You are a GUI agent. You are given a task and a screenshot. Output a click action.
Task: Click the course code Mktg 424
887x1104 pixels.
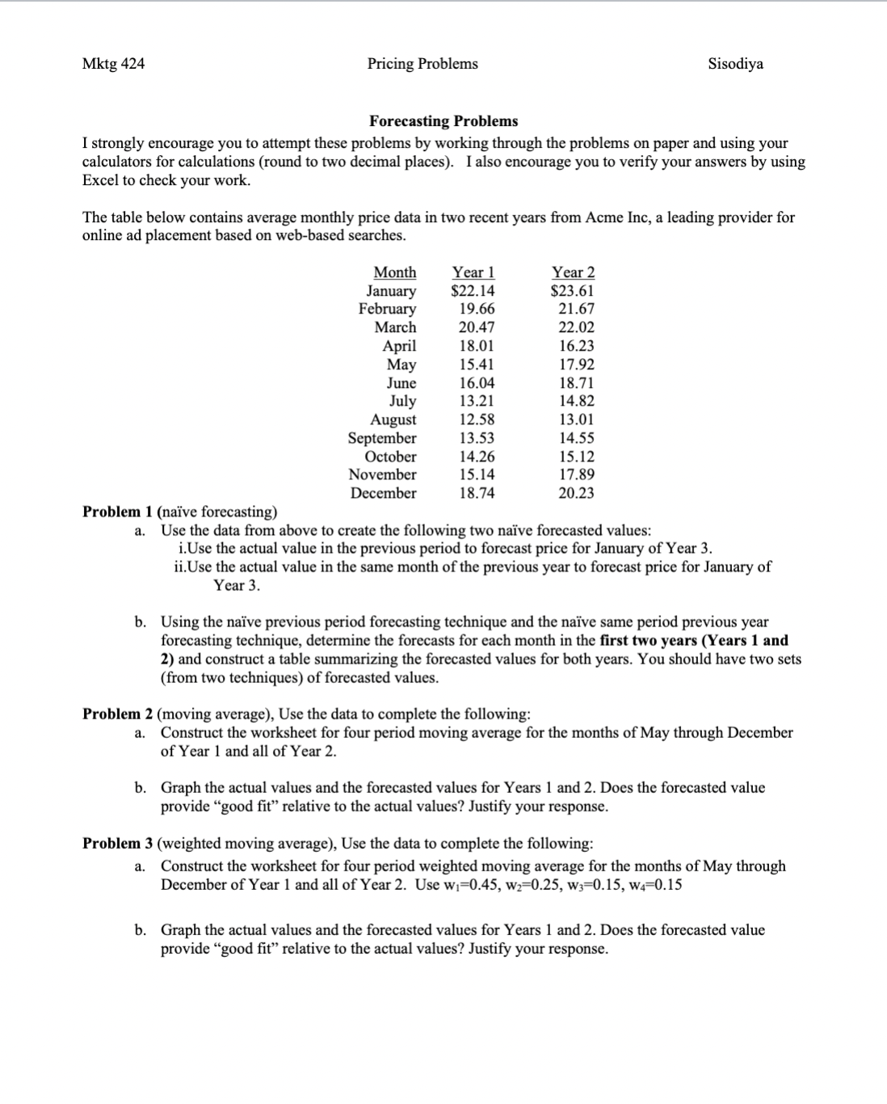click(x=113, y=64)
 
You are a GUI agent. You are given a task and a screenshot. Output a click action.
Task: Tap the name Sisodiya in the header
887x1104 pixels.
click(x=735, y=64)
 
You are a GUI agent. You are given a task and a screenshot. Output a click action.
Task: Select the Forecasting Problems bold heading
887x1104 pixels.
click(x=443, y=121)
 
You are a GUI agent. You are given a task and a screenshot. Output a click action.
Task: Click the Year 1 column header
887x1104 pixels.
click(x=473, y=272)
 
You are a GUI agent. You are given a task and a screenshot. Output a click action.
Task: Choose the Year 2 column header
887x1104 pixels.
click(x=573, y=272)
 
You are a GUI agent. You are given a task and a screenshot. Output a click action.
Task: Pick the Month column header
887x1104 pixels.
click(x=395, y=272)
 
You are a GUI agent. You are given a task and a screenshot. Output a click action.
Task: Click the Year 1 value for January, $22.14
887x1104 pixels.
click(x=473, y=291)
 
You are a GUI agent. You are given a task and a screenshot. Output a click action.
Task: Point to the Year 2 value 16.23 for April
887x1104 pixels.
click(x=577, y=346)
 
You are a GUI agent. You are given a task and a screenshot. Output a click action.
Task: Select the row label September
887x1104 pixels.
click(x=382, y=438)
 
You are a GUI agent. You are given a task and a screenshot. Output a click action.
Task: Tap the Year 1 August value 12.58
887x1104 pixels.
click(x=477, y=419)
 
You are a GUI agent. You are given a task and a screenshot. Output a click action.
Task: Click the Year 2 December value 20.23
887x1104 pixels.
click(x=577, y=493)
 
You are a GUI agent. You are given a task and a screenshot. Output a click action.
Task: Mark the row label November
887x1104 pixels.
click(x=383, y=474)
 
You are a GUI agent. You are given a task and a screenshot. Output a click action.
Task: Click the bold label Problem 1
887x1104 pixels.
click(x=117, y=512)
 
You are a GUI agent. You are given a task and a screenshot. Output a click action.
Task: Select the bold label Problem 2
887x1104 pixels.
click(x=117, y=714)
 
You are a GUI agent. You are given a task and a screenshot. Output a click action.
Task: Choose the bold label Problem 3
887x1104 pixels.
click(x=117, y=843)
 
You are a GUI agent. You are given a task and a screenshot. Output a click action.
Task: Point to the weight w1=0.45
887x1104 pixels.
click(x=475, y=885)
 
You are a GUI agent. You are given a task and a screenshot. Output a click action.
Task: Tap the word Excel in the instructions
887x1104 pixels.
click(x=100, y=180)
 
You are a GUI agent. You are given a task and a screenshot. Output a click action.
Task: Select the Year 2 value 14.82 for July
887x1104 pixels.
click(x=577, y=401)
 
